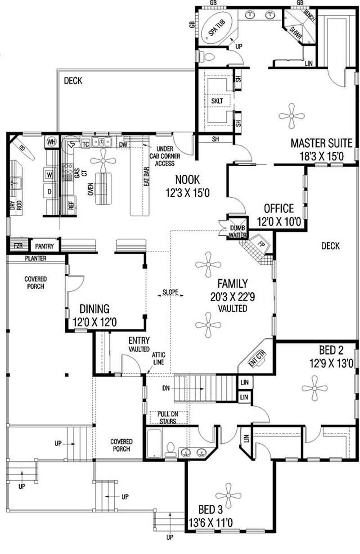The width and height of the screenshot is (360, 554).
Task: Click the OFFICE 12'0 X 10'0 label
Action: (x=279, y=215)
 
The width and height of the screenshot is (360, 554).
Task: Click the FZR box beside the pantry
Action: (x=18, y=246)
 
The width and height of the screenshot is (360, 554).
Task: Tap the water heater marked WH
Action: (x=51, y=142)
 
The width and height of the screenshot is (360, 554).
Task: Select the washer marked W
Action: (x=50, y=173)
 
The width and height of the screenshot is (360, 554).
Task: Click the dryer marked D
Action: (x=50, y=191)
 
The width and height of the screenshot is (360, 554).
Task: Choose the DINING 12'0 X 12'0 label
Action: (x=94, y=315)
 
